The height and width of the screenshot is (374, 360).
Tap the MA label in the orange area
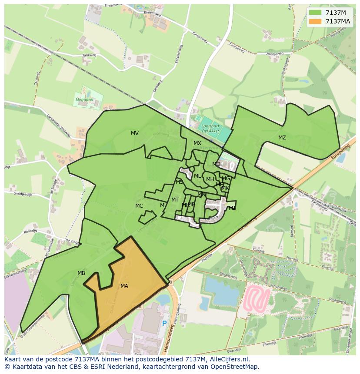(124, 286)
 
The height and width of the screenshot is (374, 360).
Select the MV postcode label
(135, 133)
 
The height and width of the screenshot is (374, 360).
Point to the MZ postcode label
(282, 138)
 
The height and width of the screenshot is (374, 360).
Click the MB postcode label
(81, 273)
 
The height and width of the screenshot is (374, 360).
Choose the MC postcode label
(139, 206)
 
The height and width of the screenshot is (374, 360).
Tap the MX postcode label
(197, 143)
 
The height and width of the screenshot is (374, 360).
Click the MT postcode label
(175, 200)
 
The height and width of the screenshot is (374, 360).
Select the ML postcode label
(197, 176)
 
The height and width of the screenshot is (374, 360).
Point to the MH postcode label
(210, 179)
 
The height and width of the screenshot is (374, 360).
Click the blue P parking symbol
(164, 324)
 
